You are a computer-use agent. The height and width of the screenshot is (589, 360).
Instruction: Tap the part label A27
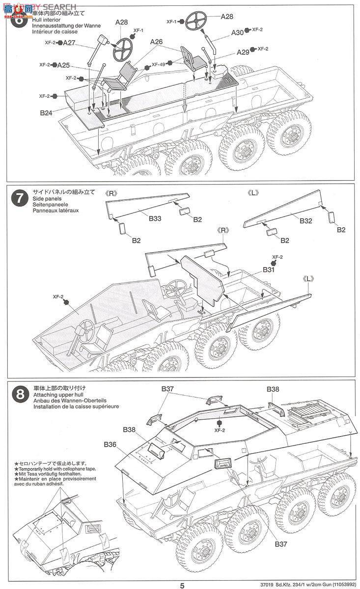[x=69, y=43]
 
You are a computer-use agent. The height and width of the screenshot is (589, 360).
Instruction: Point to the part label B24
[x=46, y=112]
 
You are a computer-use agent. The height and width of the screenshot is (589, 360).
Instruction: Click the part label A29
[x=243, y=52]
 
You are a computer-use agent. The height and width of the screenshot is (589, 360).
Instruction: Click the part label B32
[x=305, y=221]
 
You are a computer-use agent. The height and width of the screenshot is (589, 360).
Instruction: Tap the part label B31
[x=268, y=269]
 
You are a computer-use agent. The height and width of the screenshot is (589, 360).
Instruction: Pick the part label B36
[x=110, y=445]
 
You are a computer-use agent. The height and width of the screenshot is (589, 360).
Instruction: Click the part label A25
[x=63, y=65]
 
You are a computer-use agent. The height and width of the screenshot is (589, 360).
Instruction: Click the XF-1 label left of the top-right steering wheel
[x=171, y=22]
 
